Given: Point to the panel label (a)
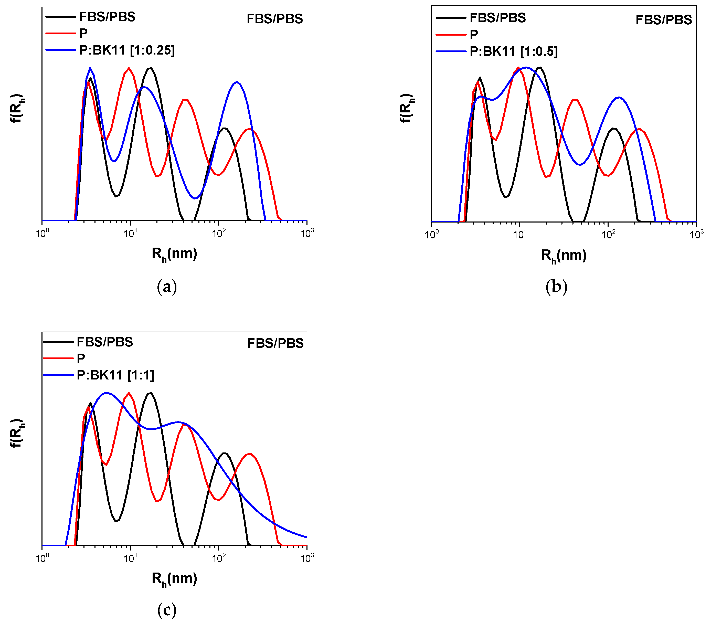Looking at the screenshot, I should [x=167, y=287].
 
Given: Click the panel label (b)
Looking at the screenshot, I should [x=556, y=287].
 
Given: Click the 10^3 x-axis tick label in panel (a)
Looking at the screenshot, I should [x=307, y=233].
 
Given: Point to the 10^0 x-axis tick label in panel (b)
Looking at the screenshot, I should [x=432, y=234].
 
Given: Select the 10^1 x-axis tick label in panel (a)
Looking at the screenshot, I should [x=130, y=233].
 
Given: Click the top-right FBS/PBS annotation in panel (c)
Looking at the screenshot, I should [x=275, y=343].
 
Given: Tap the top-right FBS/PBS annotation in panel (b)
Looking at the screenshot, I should [x=663, y=20].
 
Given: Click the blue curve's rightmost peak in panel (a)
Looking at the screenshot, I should [x=237, y=82].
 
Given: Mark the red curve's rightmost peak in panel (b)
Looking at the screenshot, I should [x=639, y=129].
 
